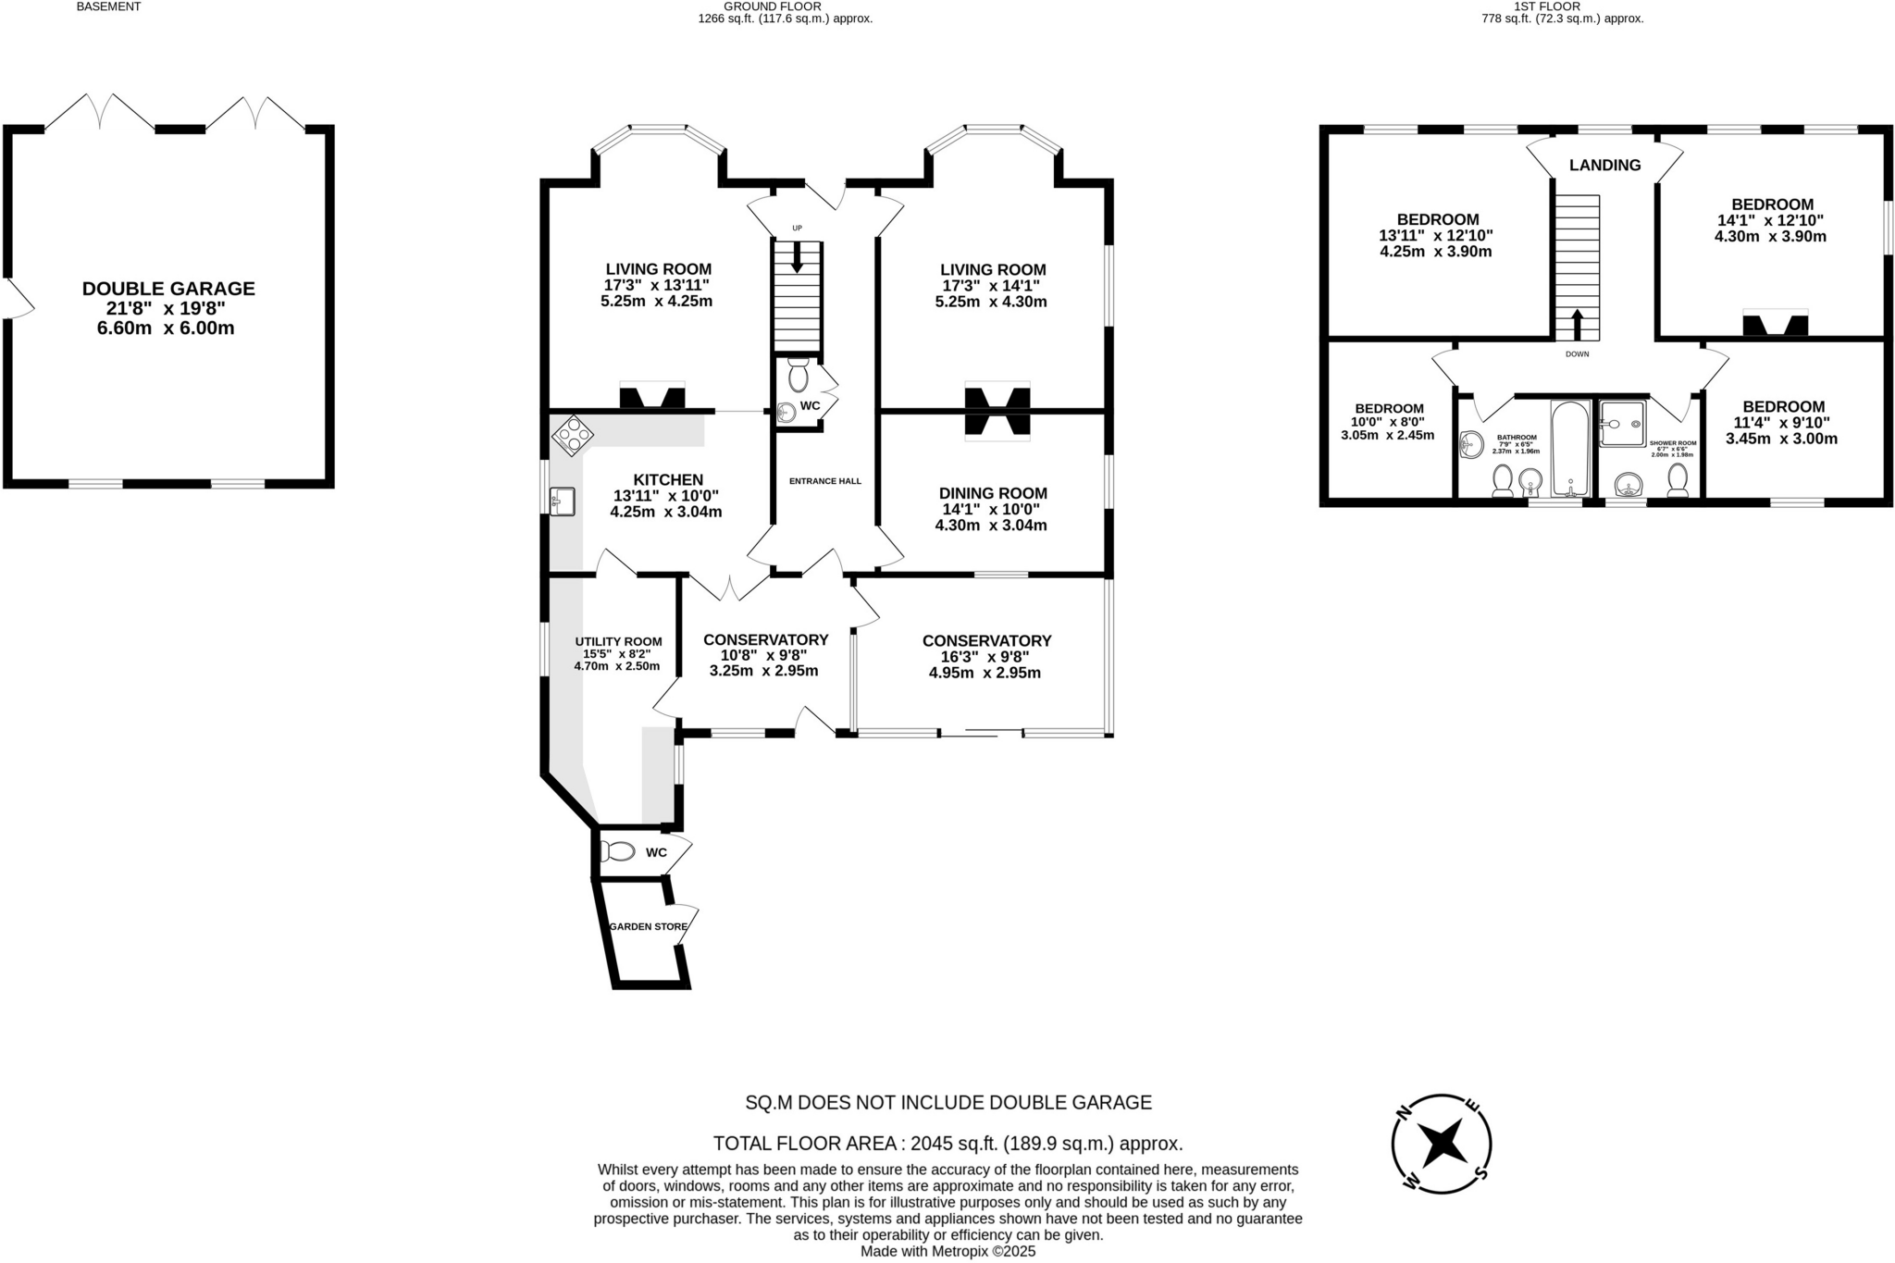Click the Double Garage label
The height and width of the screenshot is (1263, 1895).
168,289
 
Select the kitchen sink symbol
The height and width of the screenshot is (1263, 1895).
562,501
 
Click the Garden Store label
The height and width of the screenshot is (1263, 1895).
648,926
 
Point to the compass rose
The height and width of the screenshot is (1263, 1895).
1442,1144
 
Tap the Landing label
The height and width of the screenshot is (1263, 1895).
1604,165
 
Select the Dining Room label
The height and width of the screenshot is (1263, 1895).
993,493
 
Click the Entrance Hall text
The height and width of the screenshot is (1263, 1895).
824,481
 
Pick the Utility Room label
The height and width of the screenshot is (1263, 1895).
618,641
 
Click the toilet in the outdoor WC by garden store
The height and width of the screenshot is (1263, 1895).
617,851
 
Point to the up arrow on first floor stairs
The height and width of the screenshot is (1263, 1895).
1577,325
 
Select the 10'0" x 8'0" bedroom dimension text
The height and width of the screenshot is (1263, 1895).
1388,422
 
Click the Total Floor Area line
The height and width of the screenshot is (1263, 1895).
947,1143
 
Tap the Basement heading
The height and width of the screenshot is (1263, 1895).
108,6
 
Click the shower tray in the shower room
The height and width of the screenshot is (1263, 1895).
1622,424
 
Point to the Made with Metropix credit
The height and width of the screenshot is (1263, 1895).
947,1251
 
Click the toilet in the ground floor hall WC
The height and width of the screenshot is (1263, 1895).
798,376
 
